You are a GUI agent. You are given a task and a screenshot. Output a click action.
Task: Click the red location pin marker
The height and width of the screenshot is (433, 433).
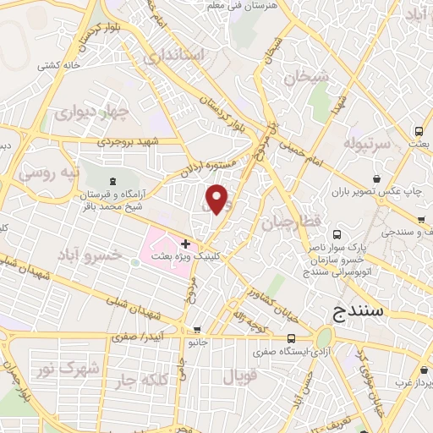pos(217,200)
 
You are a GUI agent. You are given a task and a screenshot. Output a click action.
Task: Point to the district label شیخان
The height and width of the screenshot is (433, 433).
pos(306,77)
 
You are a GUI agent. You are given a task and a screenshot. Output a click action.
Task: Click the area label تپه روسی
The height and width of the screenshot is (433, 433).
pos(50,174)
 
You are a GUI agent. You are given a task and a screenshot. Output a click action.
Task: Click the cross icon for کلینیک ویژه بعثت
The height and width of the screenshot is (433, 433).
pos(185,244)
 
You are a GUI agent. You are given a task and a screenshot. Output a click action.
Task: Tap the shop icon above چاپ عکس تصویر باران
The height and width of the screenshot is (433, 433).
pos(378,179)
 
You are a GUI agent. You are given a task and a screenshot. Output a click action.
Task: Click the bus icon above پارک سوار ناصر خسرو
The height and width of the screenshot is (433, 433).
pos(337,233)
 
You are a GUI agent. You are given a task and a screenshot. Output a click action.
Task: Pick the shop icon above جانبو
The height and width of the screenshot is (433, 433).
pos(197,330)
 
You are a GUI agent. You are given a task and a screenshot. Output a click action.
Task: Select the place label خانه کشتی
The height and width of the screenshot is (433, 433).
pos(58,64)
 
